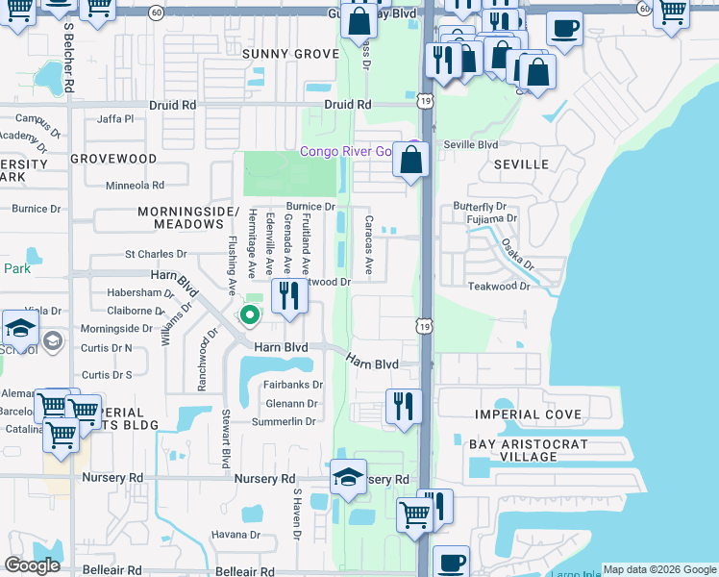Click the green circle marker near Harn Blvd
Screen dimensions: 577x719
pos(250,314)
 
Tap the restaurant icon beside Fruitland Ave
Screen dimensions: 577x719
pos(289,295)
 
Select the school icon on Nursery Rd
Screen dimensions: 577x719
pos(348,477)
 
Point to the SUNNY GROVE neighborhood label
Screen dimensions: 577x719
pos(290,54)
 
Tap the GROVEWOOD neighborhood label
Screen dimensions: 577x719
pos(112,158)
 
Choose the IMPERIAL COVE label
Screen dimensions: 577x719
pos(529,414)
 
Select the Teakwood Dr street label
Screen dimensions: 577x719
pos(499,287)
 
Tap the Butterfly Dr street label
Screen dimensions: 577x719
pos(479,207)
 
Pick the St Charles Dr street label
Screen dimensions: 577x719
pos(156,255)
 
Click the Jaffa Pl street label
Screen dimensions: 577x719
pos(115,119)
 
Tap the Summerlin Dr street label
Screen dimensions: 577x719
pos(284,422)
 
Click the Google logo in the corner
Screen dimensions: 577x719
pos(33,565)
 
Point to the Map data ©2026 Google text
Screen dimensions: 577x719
pos(659,569)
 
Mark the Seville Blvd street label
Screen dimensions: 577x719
pos(471,145)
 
